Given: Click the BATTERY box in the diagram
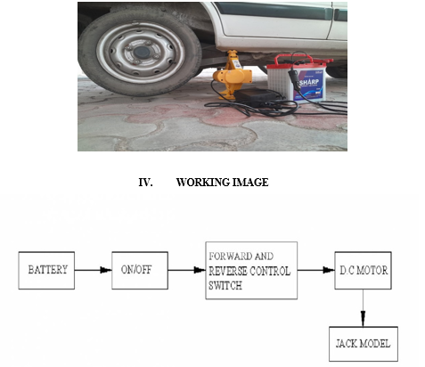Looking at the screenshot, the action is pos(46,271).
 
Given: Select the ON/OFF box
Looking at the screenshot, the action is pos(140,271).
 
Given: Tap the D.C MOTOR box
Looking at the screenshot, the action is pos(363,271).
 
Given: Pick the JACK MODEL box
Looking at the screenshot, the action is pos(364,344).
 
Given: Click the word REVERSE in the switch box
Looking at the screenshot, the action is pos(228,271).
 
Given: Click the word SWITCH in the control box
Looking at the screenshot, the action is pos(225,286).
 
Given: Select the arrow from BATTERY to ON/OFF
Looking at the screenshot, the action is pos(93,270).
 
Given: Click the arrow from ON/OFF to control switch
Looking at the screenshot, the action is pos(187,270).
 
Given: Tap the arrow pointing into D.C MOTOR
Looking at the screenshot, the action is pos(316,270).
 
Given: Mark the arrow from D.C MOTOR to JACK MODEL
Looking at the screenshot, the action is pos(363,308).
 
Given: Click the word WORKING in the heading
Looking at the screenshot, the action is pos(202,183).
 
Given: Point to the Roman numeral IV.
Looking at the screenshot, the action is pos(145,183).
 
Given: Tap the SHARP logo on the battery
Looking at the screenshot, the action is pos(309,82).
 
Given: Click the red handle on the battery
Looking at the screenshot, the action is pos(300,60).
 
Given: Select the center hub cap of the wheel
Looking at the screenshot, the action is pos(142,53).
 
